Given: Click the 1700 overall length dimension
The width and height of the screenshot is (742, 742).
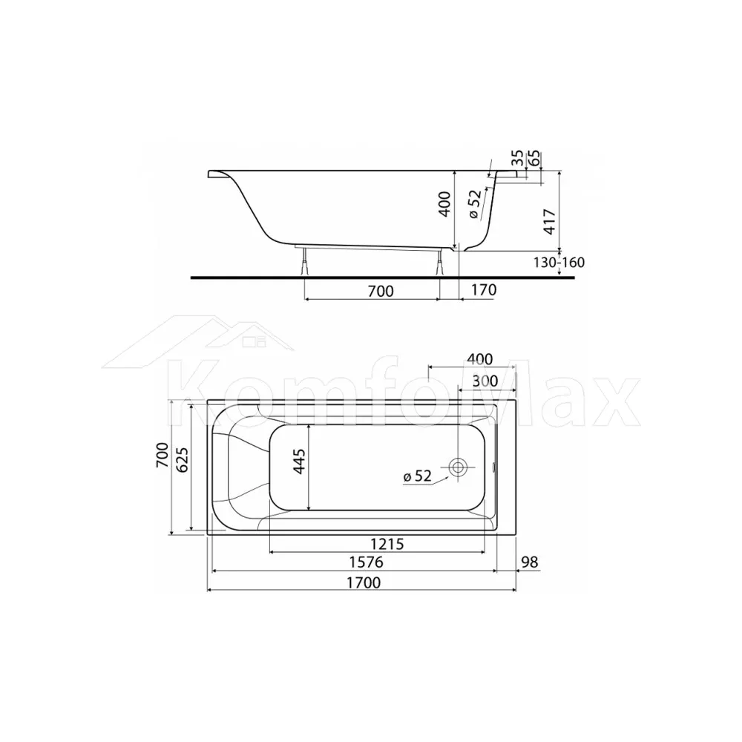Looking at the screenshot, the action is coord(364,582).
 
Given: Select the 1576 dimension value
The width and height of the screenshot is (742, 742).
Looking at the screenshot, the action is coord(366,562).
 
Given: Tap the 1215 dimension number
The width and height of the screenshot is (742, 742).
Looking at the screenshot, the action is coord(387,544).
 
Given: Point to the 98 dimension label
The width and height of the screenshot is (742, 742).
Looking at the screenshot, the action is coord(530,562).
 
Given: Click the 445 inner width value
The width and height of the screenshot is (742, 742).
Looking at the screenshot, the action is coord(300,461).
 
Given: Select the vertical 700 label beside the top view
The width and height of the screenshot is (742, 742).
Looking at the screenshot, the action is coord(162,456).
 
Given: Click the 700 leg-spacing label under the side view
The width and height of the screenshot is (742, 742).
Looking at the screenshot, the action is coord(381,291).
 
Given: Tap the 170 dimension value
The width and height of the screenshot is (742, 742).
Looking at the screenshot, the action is coord(484,289).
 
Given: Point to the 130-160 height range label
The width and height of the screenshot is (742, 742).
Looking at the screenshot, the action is coord(559,262).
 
